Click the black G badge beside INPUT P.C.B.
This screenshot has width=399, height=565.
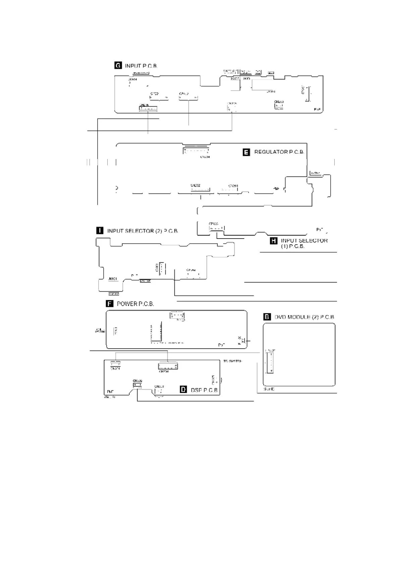coord(118,65)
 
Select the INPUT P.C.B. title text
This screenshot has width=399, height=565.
coord(141,66)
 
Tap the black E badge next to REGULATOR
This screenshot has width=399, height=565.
coord(246,152)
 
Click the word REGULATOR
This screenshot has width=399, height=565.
coord(271,152)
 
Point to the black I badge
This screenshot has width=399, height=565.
coord(100,231)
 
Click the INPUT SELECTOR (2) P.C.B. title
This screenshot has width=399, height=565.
coord(142,231)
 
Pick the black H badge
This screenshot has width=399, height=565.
coord(274,241)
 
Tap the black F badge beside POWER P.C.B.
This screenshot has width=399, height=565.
coord(109,304)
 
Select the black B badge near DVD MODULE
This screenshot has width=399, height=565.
coord(267,317)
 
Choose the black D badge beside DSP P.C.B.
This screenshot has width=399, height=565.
coord(183,390)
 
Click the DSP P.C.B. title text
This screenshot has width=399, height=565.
coord(204,390)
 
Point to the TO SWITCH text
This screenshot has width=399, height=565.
coord(233,361)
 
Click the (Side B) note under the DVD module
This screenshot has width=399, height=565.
coord(269,389)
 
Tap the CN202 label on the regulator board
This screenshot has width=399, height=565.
coord(195,185)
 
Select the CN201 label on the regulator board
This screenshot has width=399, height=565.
coord(233,186)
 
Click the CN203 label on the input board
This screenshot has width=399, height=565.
coord(279,102)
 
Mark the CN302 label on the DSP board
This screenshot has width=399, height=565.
coord(137,381)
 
